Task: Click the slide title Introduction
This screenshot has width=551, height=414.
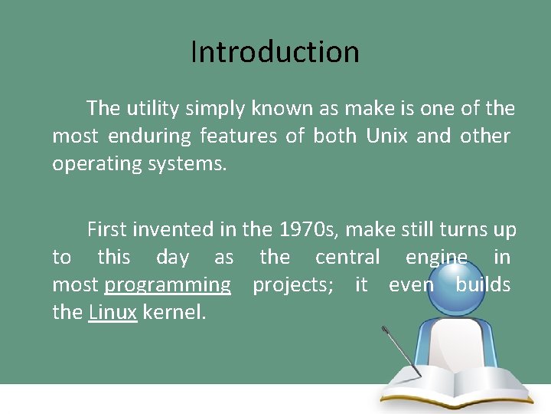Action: tap(275, 52)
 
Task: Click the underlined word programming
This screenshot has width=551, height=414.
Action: tap(168, 285)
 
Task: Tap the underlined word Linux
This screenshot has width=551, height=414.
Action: tap(112, 313)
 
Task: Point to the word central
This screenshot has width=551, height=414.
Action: tap(347, 257)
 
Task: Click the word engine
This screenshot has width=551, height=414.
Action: tap(436, 257)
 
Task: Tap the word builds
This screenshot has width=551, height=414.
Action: tap(483, 285)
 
